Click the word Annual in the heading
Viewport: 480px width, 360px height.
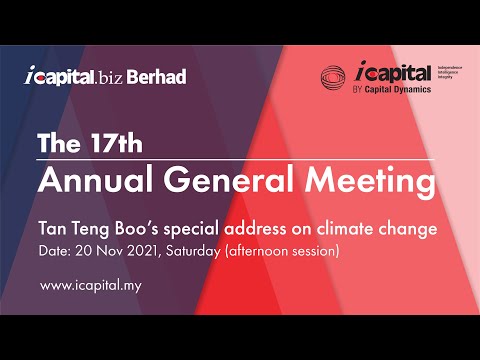tap(86, 183)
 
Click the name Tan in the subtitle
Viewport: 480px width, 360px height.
tap(51, 229)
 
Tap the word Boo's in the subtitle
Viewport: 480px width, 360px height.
tap(131, 229)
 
